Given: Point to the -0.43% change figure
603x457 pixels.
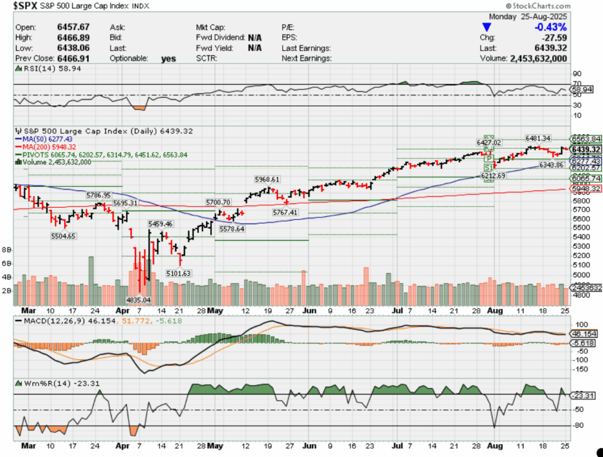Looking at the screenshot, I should tap(550, 28).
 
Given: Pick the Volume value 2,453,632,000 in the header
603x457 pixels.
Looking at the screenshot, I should tap(538, 59).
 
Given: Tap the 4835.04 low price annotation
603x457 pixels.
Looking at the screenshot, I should tap(140, 300).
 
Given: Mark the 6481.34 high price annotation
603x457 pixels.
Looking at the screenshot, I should tap(538, 138).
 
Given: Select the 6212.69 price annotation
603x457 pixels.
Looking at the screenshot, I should tap(493, 176).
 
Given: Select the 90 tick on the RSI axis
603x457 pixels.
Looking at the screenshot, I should tap(577, 74).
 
